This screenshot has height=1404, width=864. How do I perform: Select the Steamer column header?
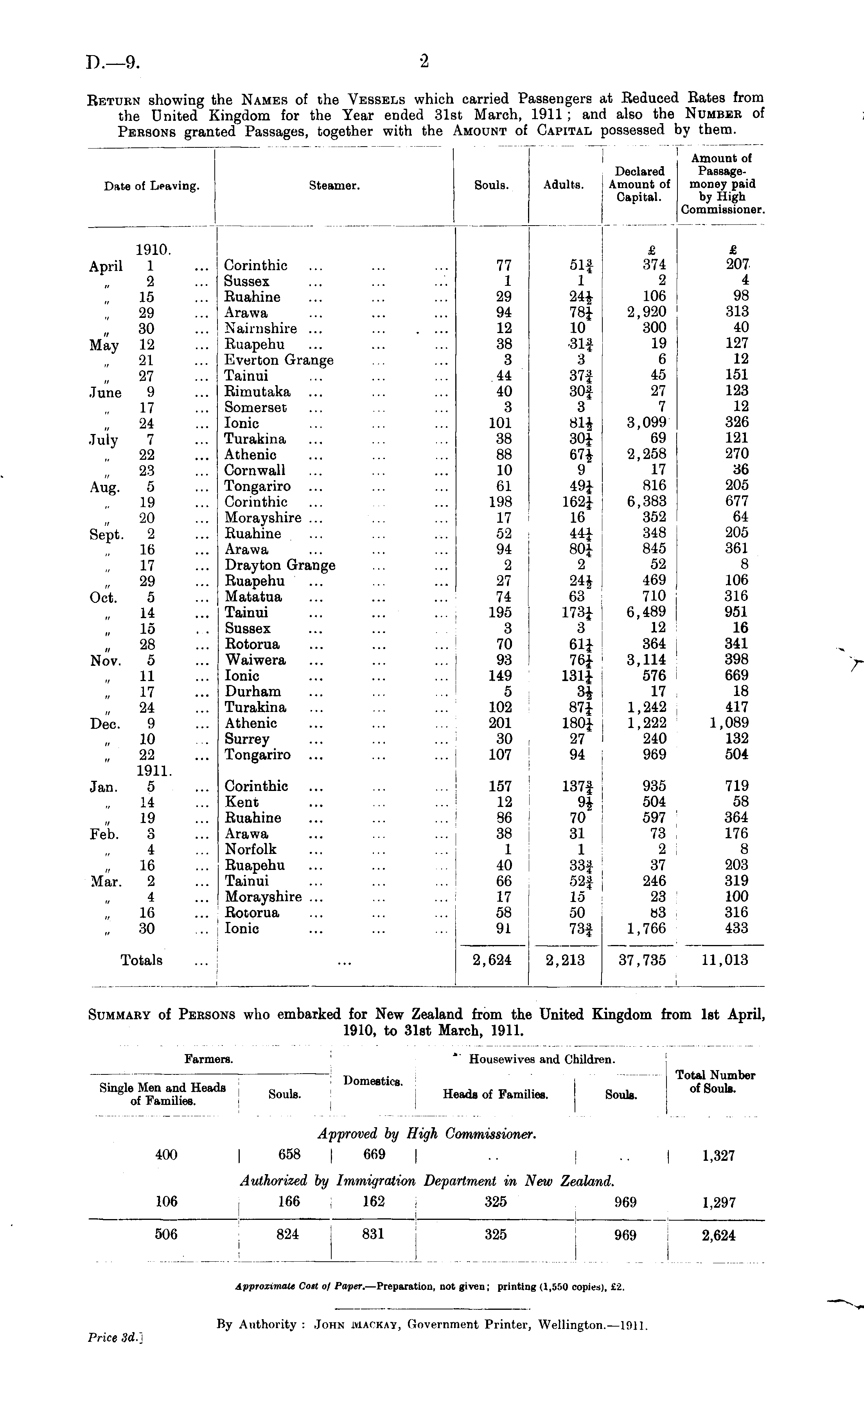click(x=334, y=186)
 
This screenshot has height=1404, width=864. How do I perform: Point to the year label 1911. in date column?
click(x=154, y=771)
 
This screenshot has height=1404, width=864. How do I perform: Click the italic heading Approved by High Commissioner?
click(x=427, y=1133)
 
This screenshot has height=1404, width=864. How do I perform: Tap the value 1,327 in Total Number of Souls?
click(x=718, y=1155)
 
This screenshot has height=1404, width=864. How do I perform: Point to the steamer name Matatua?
click(x=253, y=597)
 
